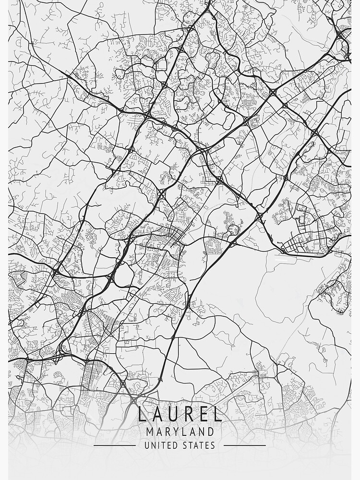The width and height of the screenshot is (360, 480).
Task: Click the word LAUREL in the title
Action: point(180,414)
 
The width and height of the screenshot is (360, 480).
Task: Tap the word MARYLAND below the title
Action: point(180,432)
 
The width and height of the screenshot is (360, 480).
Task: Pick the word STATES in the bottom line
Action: point(199,445)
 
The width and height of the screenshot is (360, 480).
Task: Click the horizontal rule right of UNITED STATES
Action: point(244,445)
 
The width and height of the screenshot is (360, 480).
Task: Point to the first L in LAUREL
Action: point(143,414)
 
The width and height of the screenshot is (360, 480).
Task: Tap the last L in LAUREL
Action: point(218,414)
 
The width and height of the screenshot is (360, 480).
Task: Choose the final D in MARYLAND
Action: point(211,432)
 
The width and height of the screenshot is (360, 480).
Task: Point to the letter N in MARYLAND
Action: point(201,432)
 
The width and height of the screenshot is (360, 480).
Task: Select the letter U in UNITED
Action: point(147,445)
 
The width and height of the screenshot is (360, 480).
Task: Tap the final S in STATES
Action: point(213,445)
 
